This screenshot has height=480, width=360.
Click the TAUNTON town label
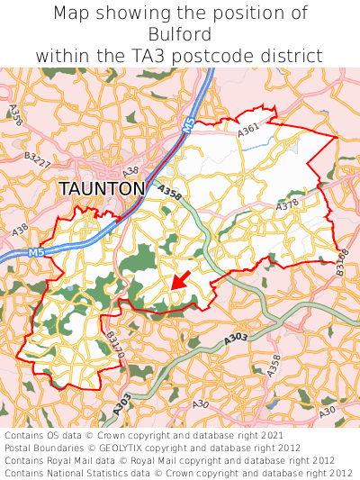pos(102,189)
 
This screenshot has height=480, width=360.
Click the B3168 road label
pos(342,262)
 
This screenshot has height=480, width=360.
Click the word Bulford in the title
pos(181,34)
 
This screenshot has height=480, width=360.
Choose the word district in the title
pos(292,56)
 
